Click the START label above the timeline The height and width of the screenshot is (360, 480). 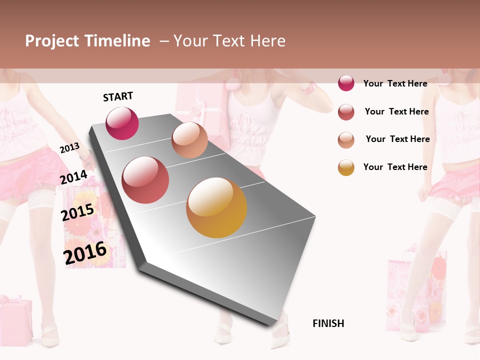[118, 96]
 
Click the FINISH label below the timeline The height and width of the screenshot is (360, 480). [328, 323]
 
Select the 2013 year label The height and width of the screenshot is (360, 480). [69, 147]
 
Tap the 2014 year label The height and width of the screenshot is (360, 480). [73, 177]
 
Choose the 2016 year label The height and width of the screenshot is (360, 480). [85, 253]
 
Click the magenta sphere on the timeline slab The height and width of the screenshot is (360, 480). [122, 123]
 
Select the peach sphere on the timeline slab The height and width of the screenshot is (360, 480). [189, 140]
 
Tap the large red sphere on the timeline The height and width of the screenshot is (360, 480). [145, 180]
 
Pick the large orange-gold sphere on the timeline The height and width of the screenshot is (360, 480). [216, 207]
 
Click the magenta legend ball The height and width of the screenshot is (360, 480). [346, 83]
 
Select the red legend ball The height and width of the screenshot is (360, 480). [346, 112]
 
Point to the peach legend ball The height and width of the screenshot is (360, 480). [346, 140]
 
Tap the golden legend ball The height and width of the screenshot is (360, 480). [346, 167]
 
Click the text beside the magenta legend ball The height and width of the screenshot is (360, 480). [395, 83]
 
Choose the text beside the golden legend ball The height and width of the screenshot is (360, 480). [395, 167]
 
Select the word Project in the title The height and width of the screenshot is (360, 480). [52, 41]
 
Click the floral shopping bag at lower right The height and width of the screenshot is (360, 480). [417, 290]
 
